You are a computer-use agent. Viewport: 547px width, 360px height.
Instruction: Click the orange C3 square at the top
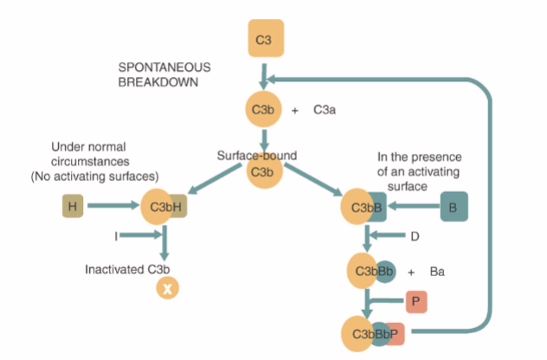point(264,41)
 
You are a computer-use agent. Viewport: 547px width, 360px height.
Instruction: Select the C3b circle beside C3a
point(263,111)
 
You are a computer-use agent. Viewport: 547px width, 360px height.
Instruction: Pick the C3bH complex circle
point(161,208)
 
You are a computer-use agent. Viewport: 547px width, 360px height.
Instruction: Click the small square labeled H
point(72,207)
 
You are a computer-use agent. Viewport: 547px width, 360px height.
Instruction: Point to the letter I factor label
point(115,235)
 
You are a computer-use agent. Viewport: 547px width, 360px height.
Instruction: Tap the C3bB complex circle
point(363,208)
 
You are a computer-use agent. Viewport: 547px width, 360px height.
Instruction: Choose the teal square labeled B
point(453,207)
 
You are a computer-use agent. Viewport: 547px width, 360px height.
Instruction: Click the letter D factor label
point(415,235)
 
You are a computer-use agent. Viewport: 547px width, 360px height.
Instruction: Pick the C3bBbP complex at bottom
point(373,332)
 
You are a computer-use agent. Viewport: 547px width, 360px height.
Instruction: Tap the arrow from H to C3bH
point(113,207)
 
